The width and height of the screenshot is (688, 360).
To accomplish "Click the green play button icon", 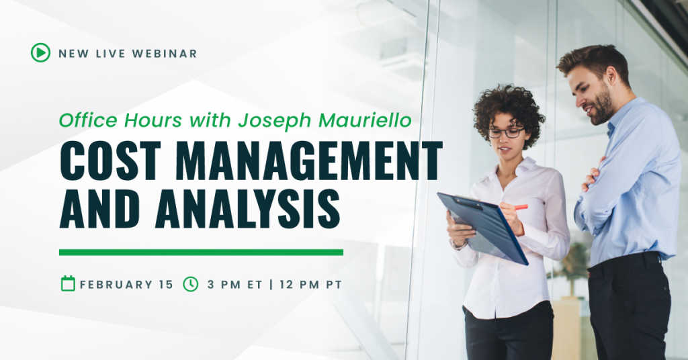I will pyautogui.click(x=40, y=52).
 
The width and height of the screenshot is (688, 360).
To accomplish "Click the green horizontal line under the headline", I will pyautogui.click(x=201, y=253).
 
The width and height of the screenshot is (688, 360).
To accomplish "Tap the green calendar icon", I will pyautogui.click(x=68, y=283).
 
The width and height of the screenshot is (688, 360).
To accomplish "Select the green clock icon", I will pyautogui.click(x=191, y=283).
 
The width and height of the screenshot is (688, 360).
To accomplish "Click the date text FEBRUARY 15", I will pyautogui.click(x=126, y=284).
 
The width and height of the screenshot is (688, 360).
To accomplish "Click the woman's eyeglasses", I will pyautogui.click(x=505, y=132).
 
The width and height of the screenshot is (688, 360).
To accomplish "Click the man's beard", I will pyautogui.click(x=602, y=107).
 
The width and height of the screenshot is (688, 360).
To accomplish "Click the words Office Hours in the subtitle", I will pyautogui.click(x=101, y=121).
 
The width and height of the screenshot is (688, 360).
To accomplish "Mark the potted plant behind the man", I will pyautogui.click(x=574, y=262).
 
